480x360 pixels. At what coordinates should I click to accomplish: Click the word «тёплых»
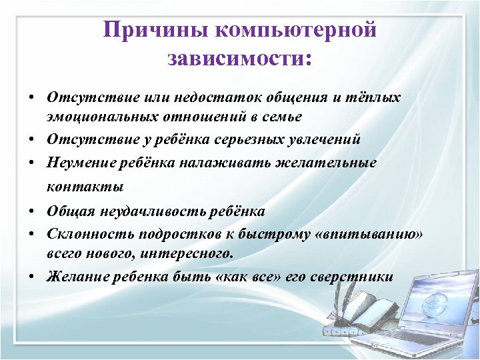pyautogui.click(x=376, y=97)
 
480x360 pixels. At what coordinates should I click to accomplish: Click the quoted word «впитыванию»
pyautogui.click(x=371, y=235)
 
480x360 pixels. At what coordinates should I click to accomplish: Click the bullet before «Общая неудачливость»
pyautogui.click(x=32, y=211)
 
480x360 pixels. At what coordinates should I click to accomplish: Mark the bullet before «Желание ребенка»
pyautogui.click(x=32, y=277)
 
